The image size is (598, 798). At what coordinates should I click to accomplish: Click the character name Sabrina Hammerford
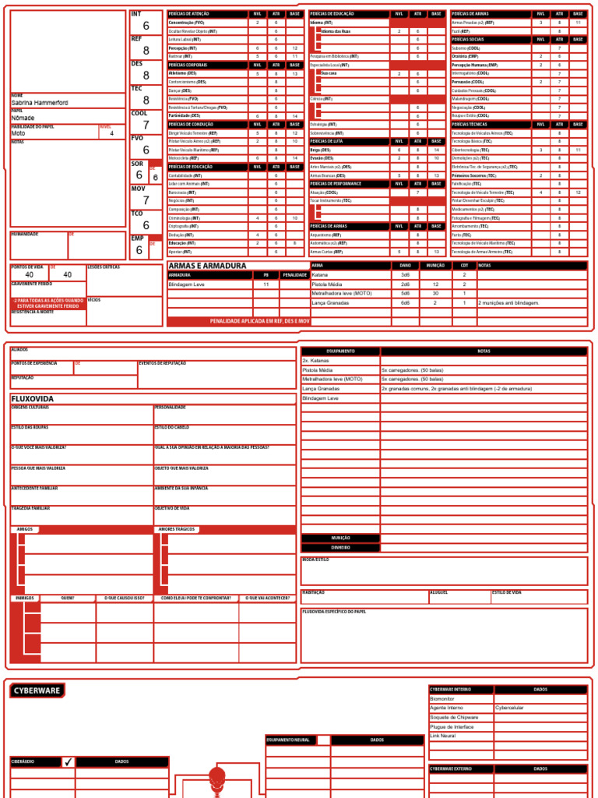click(x=41, y=102)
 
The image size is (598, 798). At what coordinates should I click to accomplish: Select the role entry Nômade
click(x=23, y=118)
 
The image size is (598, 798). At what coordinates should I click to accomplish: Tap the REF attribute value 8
click(x=146, y=51)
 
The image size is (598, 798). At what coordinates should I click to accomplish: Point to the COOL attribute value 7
click(x=146, y=125)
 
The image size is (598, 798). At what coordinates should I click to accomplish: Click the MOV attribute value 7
click(x=146, y=200)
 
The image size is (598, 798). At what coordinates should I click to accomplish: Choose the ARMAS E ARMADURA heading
click(x=207, y=266)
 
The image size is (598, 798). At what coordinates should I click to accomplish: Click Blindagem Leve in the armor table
click(x=187, y=284)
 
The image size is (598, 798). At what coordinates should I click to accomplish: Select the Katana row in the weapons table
click(x=320, y=275)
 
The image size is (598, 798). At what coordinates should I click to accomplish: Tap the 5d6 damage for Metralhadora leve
click(x=405, y=293)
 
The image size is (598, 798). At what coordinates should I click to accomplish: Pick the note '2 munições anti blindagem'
click(x=510, y=302)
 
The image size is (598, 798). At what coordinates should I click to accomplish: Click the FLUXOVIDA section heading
click(x=33, y=398)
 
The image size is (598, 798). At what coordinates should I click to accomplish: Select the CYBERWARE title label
click(x=37, y=690)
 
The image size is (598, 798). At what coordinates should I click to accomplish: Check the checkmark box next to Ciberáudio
click(x=69, y=761)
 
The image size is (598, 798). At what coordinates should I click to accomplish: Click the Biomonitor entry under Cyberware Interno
click(x=443, y=698)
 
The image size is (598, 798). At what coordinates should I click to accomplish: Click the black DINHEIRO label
click(x=340, y=548)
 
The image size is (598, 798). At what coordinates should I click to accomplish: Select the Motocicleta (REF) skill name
click(x=184, y=158)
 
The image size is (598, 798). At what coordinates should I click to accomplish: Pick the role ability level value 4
click(x=111, y=133)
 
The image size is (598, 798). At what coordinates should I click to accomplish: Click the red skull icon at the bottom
click(x=216, y=777)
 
